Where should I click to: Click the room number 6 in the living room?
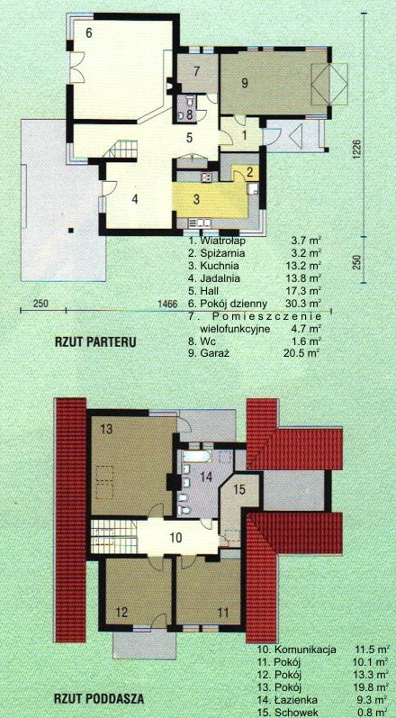[89, 32]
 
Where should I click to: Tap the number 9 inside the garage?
[245, 83]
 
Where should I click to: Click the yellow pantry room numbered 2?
[247, 173]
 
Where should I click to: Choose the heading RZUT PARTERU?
[95, 342]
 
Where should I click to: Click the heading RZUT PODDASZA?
[99, 699]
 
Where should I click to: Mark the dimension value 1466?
[166, 303]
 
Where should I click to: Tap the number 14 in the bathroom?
[207, 477]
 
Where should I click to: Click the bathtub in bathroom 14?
[197, 456]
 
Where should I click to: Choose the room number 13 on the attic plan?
[106, 429]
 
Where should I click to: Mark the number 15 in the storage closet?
[239, 489]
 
